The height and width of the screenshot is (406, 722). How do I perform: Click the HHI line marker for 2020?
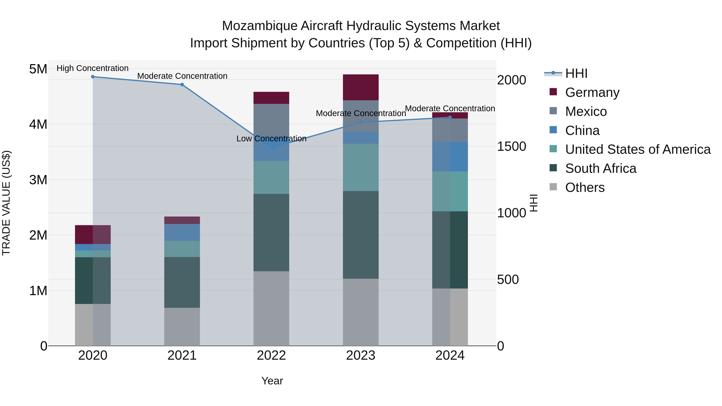click(x=93, y=77)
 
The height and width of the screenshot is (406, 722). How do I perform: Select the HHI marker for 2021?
click(x=182, y=85)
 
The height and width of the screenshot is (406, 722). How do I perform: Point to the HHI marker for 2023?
click(x=361, y=122)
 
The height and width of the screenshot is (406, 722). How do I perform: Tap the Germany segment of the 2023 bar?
click(x=361, y=87)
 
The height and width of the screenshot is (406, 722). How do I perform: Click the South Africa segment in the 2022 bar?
click(x=271, y=233)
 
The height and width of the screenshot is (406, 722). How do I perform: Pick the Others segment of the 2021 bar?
click(x=182, y=327)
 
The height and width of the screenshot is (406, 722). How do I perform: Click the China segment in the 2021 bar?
click(x=182, y=233)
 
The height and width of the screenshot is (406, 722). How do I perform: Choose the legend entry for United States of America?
click(x=638, y=149)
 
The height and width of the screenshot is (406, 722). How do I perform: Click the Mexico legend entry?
click(x=586, y=111)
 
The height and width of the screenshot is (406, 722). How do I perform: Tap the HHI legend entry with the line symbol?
click(x=576, y=73)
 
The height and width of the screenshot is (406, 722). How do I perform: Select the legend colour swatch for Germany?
click(x=553, y=92)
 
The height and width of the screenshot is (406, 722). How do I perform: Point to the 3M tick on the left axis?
click(x=38, y=180)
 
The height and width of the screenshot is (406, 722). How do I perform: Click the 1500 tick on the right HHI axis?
click(x=511, y=147)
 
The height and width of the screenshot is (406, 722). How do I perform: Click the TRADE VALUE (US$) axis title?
click(x=6, y=203)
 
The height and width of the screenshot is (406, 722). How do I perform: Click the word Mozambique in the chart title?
click(x=260, y=26)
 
